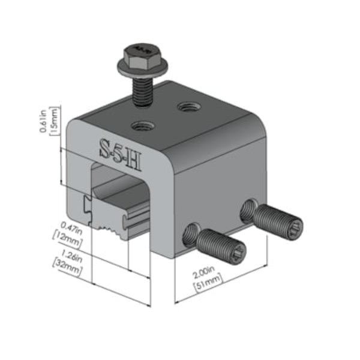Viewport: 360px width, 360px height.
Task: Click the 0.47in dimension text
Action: (x=69, y=227)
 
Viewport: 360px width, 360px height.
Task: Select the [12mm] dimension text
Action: (x=68, y=238)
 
